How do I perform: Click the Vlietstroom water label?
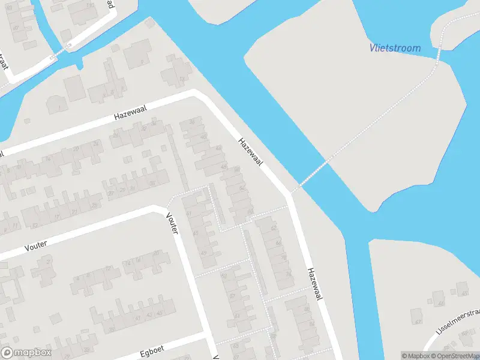[394, 48]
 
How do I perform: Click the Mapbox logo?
[26, 353]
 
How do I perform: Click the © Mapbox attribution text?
[416, 356]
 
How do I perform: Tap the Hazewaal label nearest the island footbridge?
[251, 152]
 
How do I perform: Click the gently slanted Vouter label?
[36, 243]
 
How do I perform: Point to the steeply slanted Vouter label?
[172, 223]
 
